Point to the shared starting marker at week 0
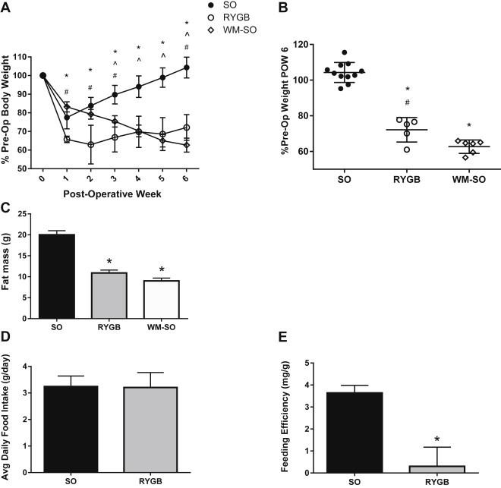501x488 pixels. (43, 75)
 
